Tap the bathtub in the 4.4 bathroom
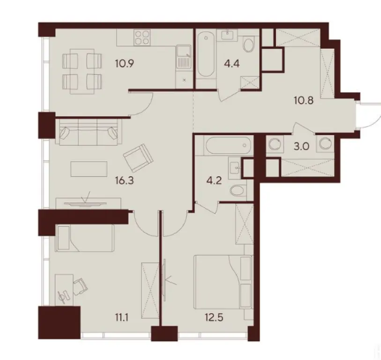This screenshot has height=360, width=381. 205,61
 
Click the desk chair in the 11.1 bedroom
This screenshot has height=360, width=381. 81,283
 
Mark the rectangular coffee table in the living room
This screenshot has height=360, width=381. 89,169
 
